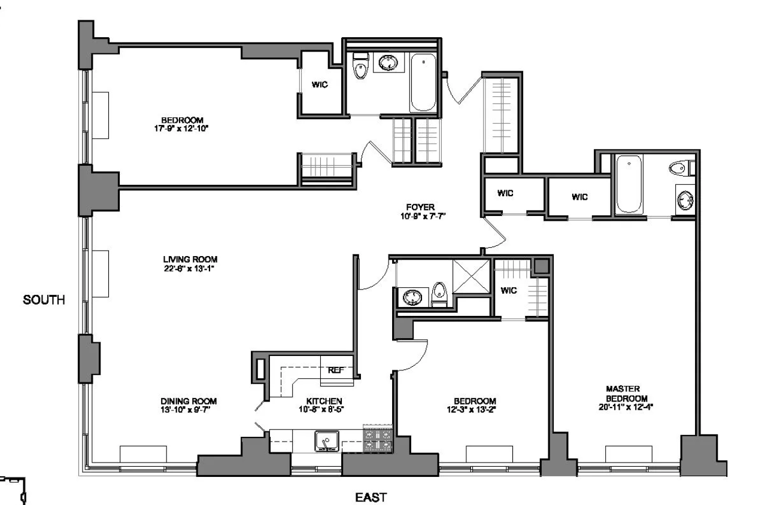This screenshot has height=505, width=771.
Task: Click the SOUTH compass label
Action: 43,299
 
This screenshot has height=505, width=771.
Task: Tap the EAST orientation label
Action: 371,496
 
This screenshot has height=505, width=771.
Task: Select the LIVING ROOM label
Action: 190,259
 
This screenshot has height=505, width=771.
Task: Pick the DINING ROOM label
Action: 188,401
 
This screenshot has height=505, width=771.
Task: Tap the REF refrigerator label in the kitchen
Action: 336,370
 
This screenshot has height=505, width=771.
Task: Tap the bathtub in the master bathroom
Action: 629,184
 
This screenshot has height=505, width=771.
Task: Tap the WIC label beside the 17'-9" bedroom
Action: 320,84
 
